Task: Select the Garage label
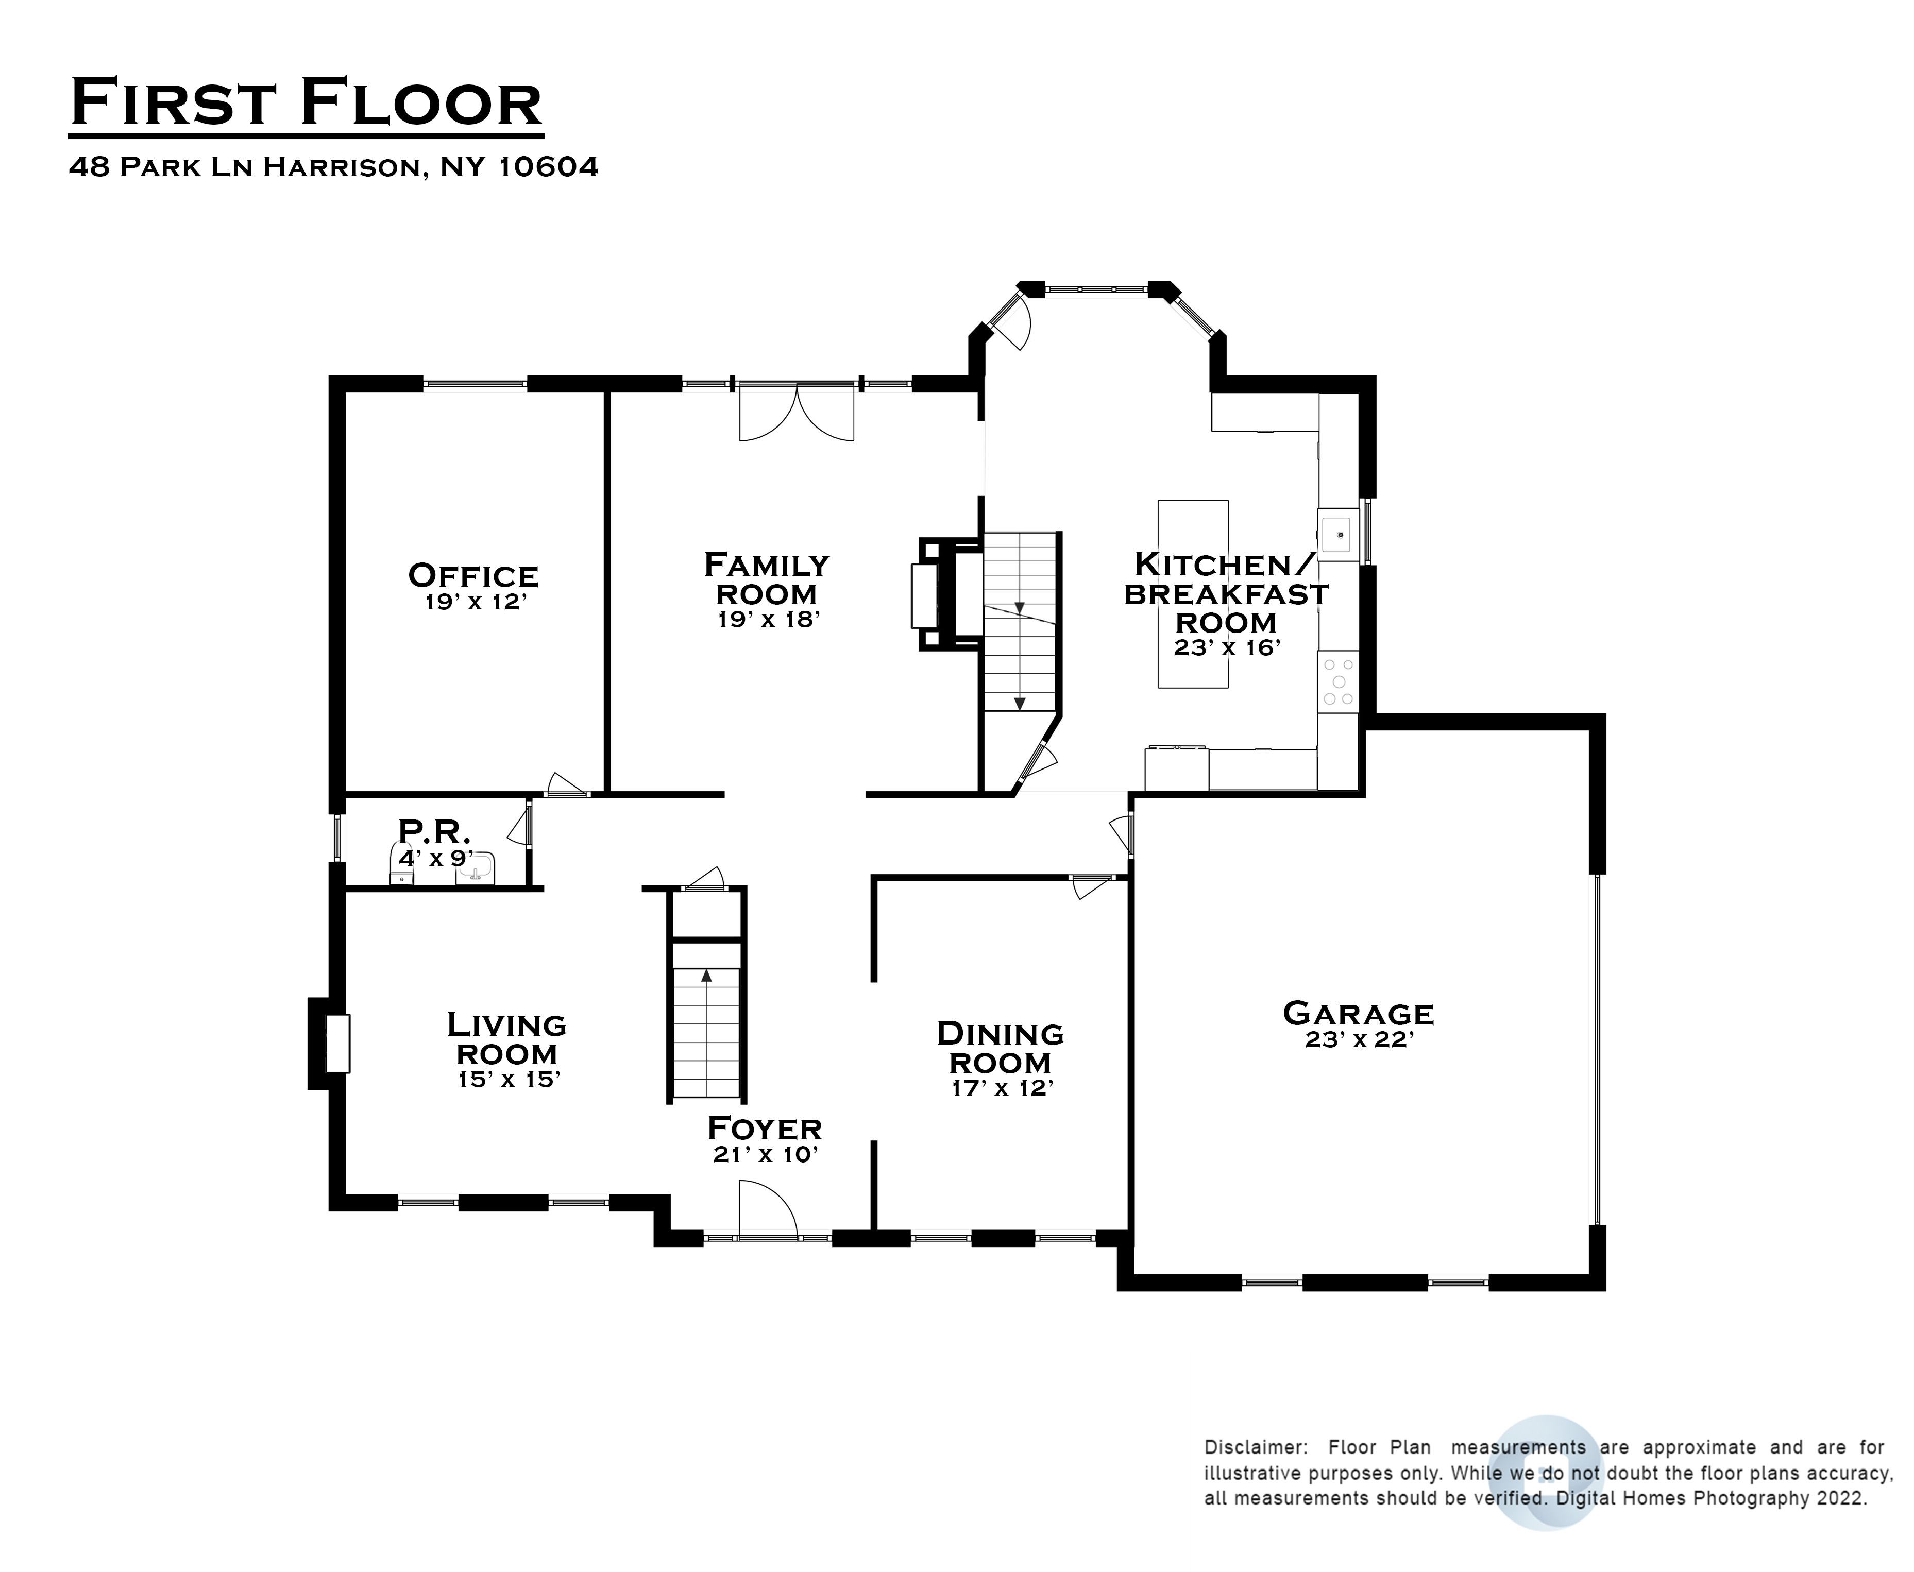1358,1013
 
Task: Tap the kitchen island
1193,594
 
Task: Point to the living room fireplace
330,1043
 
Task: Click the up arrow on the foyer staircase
706,975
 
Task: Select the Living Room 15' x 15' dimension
509,1080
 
